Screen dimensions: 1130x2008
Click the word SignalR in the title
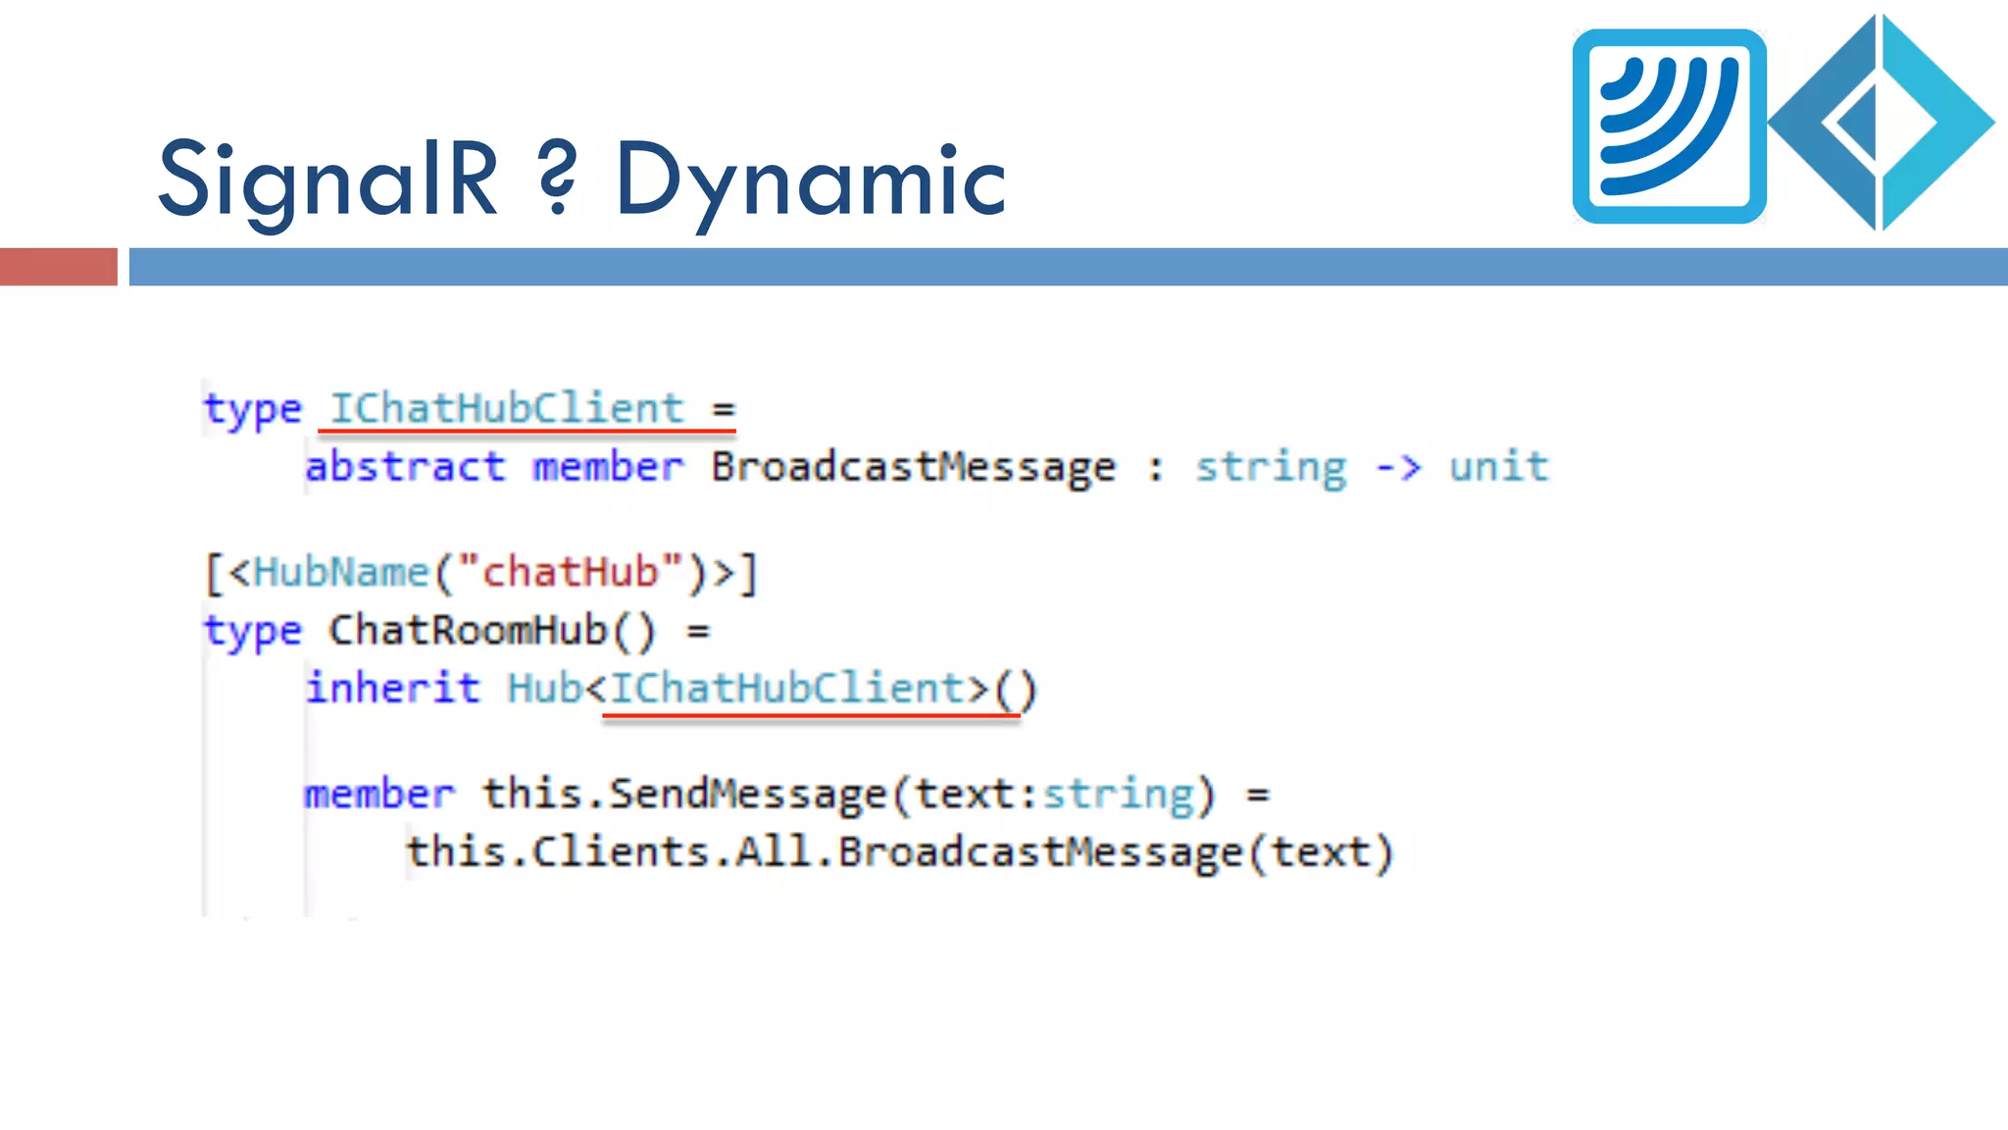pos(327,180)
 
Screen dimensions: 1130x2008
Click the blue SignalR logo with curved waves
pos(1669,127)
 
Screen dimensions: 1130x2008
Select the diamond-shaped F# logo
pos(1881,123)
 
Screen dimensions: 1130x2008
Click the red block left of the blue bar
pos(58,267)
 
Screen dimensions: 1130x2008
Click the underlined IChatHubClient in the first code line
pos(506,408)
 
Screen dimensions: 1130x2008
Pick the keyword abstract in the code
pos(405,466)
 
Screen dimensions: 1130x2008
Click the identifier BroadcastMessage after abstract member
pos(913,467)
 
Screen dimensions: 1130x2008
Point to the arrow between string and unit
pos(1398,467)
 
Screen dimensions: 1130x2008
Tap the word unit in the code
pos(1498,467)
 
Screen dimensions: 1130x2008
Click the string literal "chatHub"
pos(570,572)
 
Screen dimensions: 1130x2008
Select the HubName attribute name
pos(341,572)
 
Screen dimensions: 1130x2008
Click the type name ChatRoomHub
pos(468,630)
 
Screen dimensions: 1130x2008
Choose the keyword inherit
pos(393,688)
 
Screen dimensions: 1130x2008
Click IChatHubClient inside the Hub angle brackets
pos(787,688)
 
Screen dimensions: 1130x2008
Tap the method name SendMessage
pos(747,794)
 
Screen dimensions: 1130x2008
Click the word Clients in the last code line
pos(621,851)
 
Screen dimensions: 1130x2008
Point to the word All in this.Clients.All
pos(774,851)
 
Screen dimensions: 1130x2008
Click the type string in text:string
pos(1118,794)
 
